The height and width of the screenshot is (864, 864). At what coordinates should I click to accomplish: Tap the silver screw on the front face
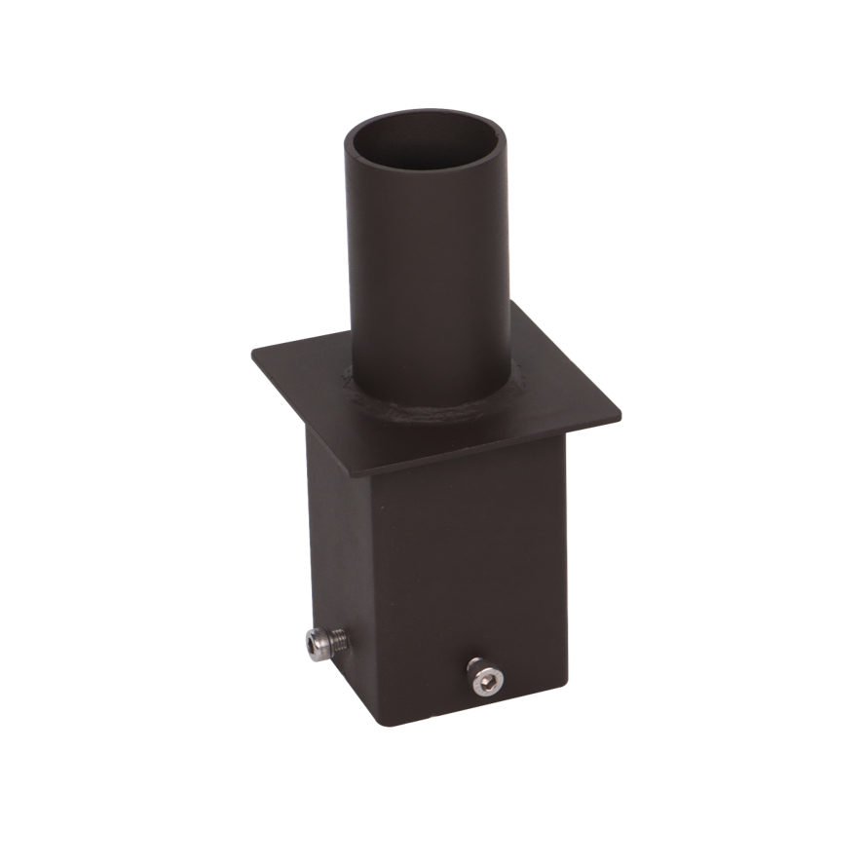(479, 676)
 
